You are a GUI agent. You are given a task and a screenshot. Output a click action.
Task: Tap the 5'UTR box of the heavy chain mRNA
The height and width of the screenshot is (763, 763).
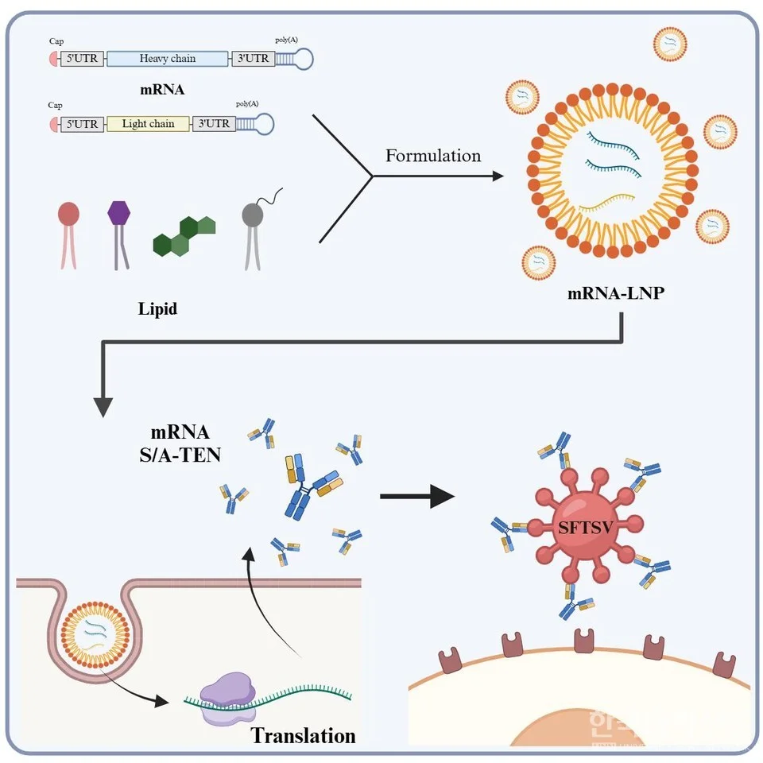click(83, 58)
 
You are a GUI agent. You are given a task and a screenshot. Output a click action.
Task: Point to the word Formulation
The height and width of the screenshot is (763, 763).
click(433, 156)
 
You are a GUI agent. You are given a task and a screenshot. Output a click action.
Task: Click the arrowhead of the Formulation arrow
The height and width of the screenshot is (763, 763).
click(498, 176)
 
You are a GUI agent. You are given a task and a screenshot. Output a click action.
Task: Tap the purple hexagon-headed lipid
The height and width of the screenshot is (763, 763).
click(118, 214)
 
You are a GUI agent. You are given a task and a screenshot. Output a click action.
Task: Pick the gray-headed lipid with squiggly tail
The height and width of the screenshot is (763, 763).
click(254, 215)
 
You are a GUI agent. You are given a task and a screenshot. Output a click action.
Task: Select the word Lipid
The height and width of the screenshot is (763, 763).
click(157, 309)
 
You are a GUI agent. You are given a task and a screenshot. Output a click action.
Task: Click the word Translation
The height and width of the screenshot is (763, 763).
click(304, 735)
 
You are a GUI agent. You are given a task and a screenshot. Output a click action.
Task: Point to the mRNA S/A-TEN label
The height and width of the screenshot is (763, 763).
click(180, 445)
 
